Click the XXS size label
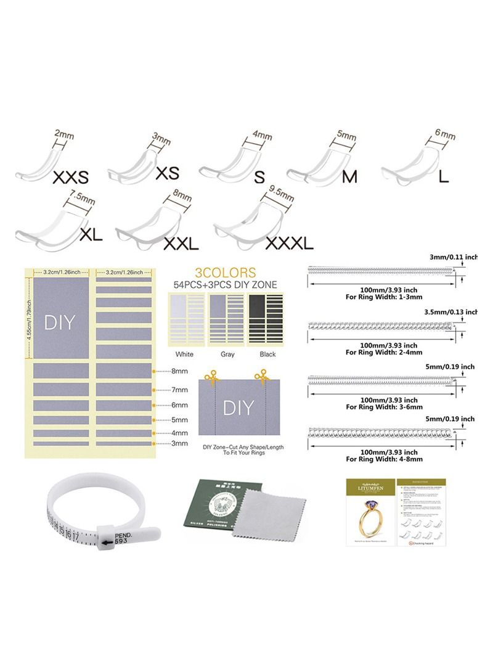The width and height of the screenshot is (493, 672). (71, 178)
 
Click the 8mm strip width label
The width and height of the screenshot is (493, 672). (179, 372)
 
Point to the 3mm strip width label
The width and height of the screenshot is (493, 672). (179, 443)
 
